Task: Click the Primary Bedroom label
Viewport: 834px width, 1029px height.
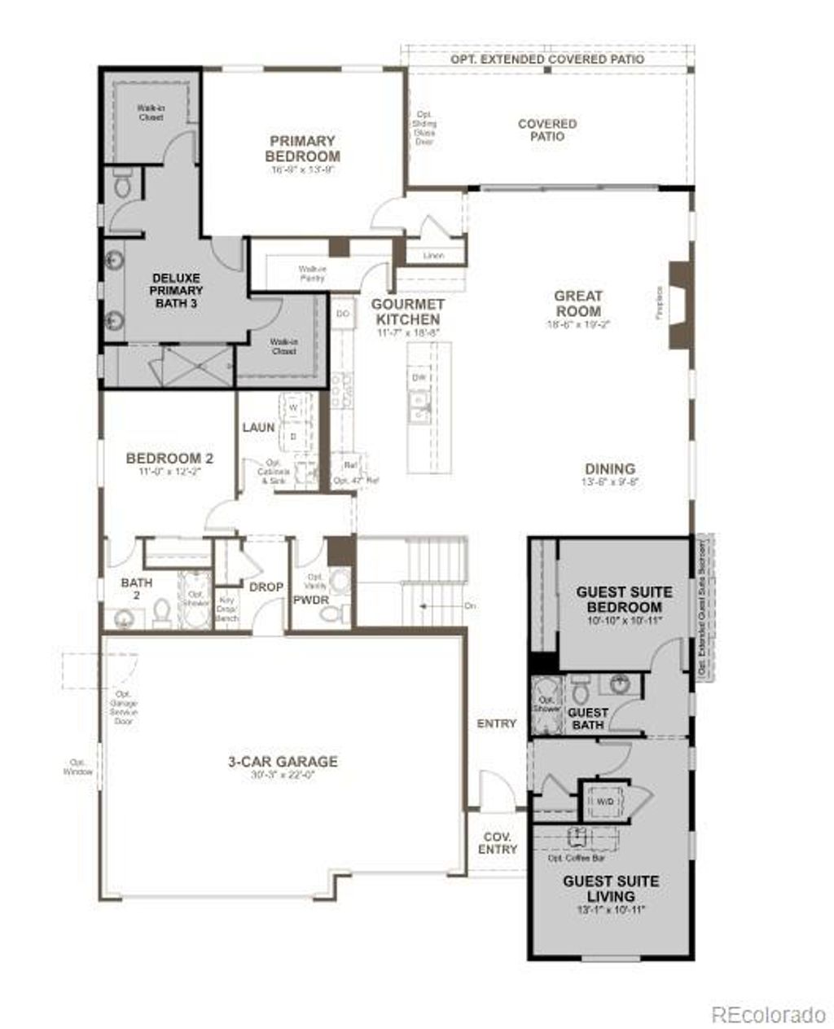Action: click(x=302, y=149)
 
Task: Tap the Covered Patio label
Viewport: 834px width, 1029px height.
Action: click(x=547, y=130)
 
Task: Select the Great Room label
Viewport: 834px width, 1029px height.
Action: click(x=578, y=304)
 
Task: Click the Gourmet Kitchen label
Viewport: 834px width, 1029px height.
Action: click(x=406, y=312)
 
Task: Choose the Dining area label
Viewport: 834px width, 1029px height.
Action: click(x=610, y=469)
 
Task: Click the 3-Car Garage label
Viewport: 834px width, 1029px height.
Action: click(x=283, y=763)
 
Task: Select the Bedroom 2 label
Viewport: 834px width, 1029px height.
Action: click(x=169, y=460)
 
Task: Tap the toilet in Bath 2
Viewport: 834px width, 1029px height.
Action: click(x=162, y=612)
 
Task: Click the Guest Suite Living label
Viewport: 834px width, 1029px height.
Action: click(x=611, y=889)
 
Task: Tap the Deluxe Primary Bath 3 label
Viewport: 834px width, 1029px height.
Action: click(x=177, y=291)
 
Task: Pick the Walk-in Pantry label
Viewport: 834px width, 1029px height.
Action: click(x=311, y=273)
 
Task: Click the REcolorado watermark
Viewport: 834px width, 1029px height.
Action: click(x=768, y=1014)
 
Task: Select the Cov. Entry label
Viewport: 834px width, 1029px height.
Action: click(x=498, y=843)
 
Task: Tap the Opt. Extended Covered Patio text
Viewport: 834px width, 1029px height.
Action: click(x=547, y=59)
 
